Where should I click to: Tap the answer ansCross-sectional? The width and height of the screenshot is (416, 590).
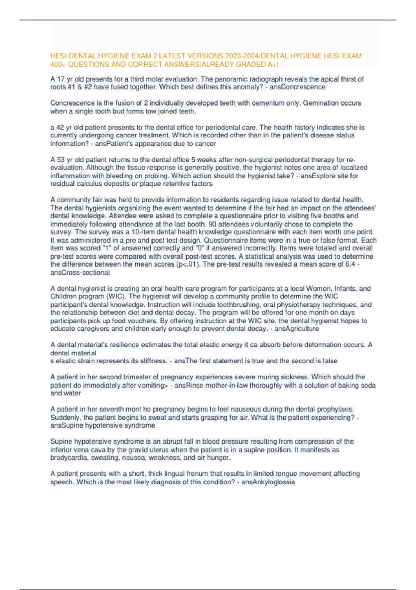coord(80,272)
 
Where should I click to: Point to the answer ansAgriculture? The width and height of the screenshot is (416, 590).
coord(297,329)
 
